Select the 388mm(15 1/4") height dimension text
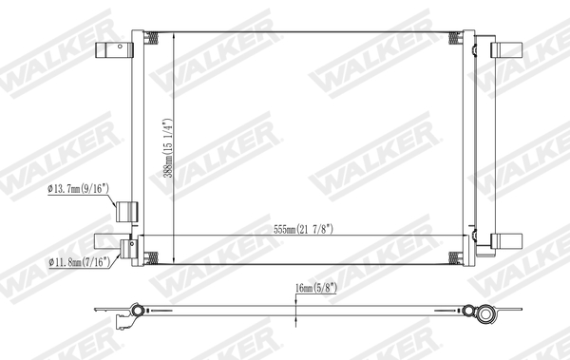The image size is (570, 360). (x=168, y=148)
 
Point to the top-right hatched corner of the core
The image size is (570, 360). (x=466, y=38)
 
